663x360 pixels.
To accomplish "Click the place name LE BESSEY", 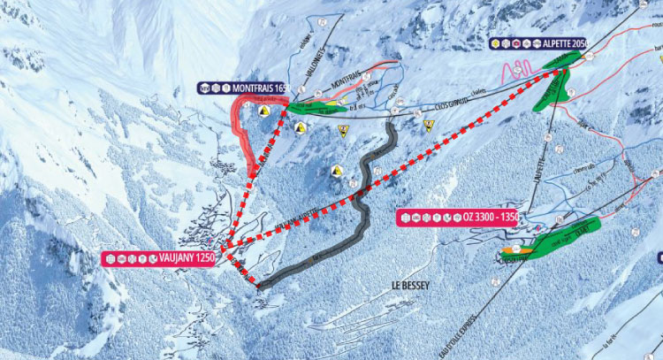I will (409, 286).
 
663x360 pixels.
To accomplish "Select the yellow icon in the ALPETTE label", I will (507, 42).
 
